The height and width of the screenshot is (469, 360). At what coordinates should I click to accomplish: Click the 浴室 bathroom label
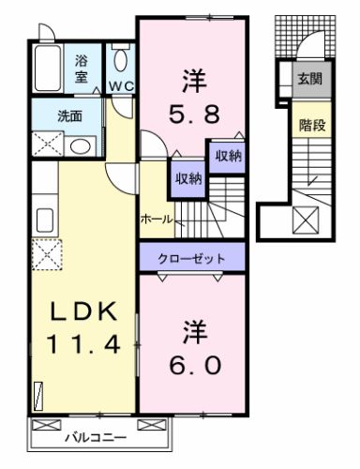tap(82, 69)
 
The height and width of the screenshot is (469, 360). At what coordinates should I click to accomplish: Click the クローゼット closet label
tap(192, 256)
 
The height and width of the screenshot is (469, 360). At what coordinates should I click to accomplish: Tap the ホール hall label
tap(155, 219)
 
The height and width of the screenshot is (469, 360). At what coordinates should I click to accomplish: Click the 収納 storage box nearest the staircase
tap(226, 155)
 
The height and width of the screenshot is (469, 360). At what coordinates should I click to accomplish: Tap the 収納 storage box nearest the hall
tap(185, 178)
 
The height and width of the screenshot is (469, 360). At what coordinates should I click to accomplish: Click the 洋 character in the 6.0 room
tap(192, 331)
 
